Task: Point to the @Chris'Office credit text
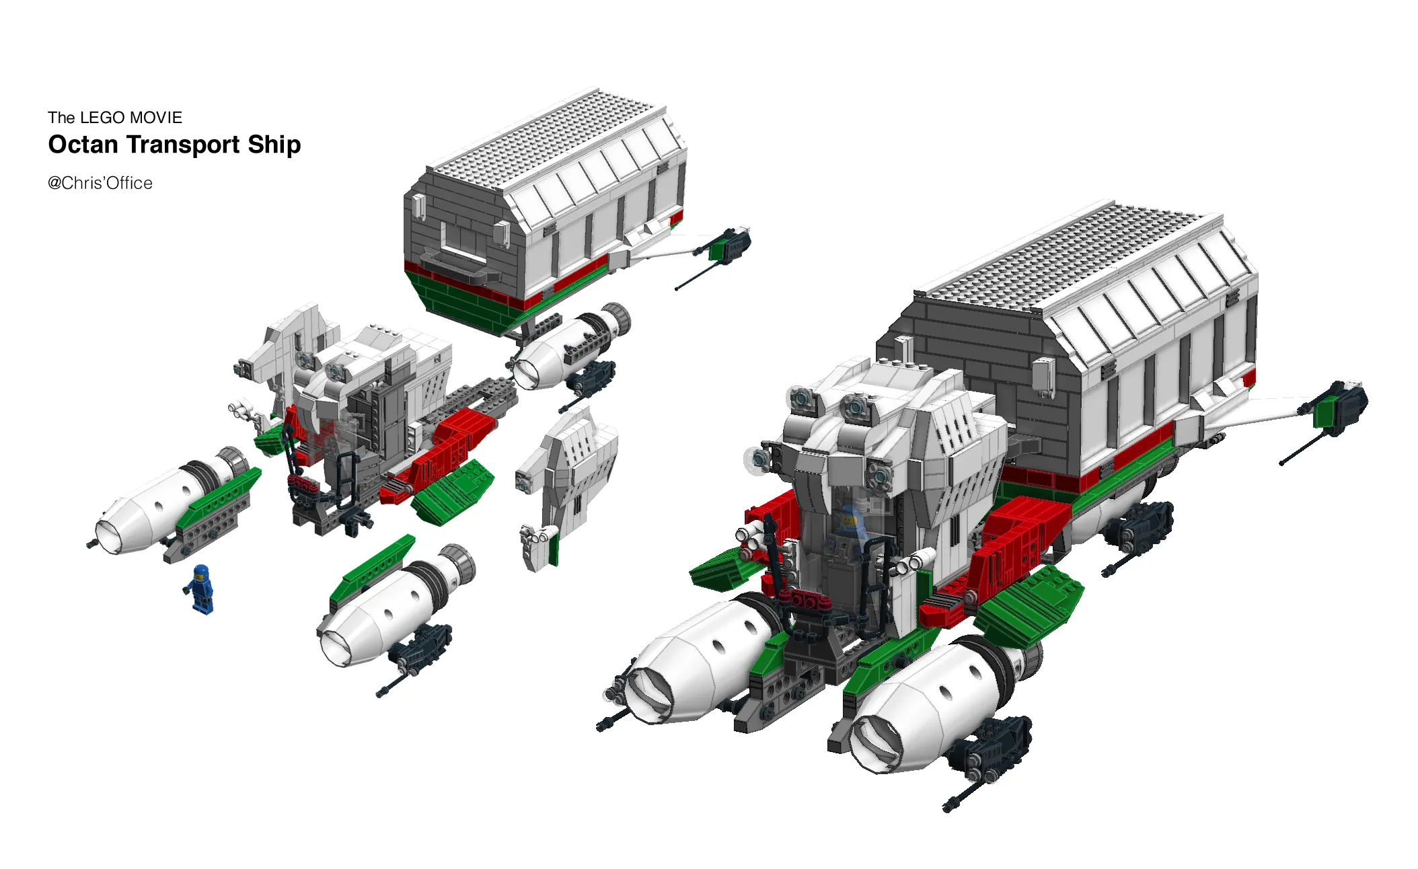(100, 183)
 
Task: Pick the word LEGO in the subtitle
(102, 118)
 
